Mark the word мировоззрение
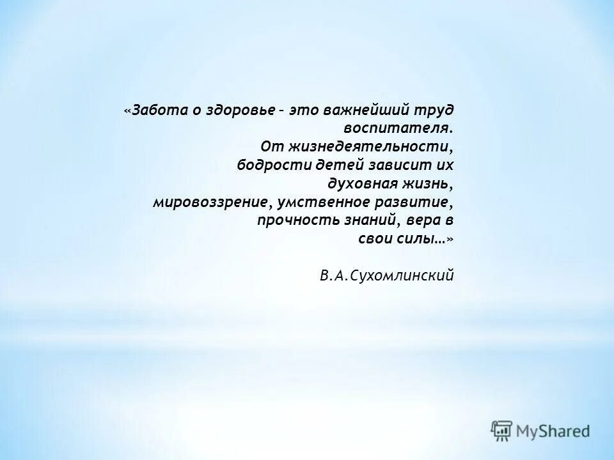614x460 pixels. pos(209,203)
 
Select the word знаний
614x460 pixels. pos(362,220)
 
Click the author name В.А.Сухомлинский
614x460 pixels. pos(387,276)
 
